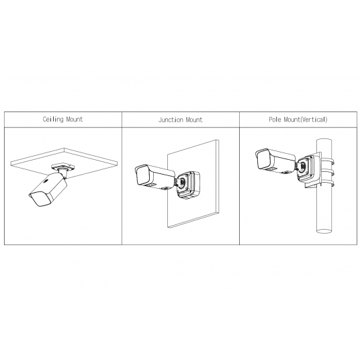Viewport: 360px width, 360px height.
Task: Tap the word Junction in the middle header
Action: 171,120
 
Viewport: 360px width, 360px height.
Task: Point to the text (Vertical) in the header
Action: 316,120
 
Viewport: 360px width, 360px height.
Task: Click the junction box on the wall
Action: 190,183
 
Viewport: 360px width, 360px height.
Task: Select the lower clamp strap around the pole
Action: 330,179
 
